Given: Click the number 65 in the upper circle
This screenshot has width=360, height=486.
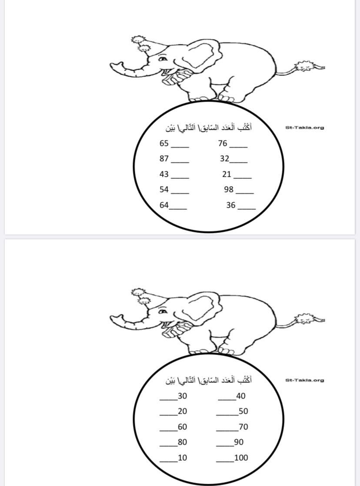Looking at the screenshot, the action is (x=164, y=143).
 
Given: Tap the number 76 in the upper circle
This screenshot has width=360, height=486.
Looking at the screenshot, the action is (x=223, y=143).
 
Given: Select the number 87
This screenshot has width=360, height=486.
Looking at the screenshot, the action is (x=164, y=158).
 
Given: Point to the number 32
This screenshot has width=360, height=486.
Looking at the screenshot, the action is (x=225, y=158).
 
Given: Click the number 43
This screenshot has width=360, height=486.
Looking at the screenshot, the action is (x=164, y=174).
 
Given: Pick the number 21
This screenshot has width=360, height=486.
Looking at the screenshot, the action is (x=227, y=174).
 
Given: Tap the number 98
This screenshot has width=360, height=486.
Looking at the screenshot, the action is (x=229, y=189).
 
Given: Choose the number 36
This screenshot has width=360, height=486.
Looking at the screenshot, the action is (x=231, y=205).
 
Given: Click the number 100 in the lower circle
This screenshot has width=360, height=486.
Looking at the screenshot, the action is (x=241, y=457).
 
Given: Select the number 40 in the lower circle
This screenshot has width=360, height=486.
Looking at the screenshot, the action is (x=241, y=396).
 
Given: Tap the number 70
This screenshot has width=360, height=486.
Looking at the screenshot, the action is (x=243, y=427).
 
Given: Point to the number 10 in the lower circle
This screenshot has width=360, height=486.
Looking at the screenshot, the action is (x=183, y=457).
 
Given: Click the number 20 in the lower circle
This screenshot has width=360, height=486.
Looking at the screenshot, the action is (x=183, y=411).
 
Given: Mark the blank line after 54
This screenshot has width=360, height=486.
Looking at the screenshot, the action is (x=180, y=193).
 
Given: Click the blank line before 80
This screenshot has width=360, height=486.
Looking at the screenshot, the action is (x=169, y=446).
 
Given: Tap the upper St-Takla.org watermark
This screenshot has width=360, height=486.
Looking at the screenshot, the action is (x=304, y=127).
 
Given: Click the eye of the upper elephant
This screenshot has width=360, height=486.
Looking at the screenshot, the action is (x=163, y=59).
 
